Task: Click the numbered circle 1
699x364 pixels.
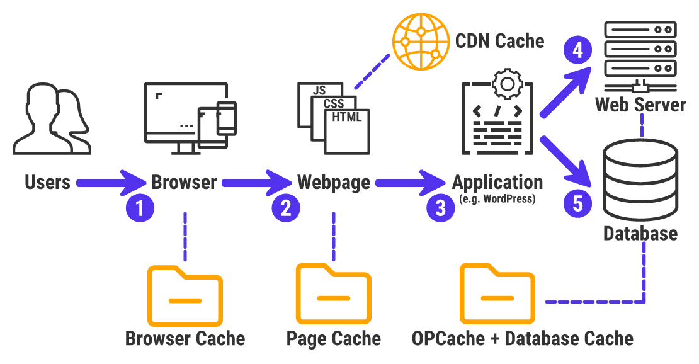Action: click(x=140, y=208)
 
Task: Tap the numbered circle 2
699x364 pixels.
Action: click(x=286, y=208)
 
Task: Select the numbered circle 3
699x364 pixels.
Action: click(x=440, y=208)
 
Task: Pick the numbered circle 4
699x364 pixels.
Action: click(x=577, y=50)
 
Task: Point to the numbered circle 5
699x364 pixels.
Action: click(x=577, y=202)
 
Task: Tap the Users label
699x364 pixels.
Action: click(x=48, y=183)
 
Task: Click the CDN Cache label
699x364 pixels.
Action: click(x=499, y=41)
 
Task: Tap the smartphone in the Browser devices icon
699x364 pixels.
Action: click(x=226, y=118)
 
